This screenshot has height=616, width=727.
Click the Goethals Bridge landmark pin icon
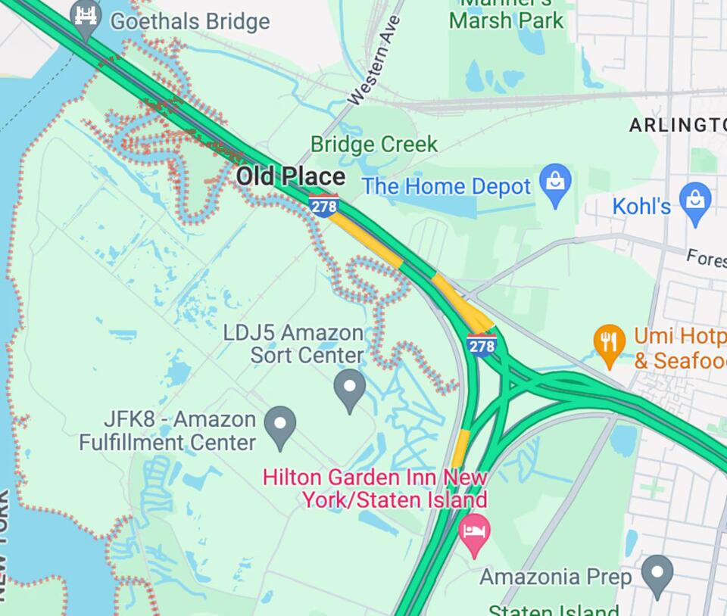(86, 17)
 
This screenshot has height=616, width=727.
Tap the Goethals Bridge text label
(189, 21)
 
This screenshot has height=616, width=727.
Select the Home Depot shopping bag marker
(555, 183)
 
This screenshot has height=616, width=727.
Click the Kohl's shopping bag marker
(694, 201)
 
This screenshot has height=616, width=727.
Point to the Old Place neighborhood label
(290, 177)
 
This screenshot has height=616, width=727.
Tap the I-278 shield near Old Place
(323, 205)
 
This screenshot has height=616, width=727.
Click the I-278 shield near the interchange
(482, 345)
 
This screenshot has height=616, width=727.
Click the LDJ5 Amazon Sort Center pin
(349, 388)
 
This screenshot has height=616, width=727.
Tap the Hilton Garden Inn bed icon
(475, 532)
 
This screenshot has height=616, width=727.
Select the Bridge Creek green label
(374, 144)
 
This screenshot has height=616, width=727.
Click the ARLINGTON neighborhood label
(677, 125)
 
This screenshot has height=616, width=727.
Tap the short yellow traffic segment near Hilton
(460, 449)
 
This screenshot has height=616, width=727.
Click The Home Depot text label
(446, 186)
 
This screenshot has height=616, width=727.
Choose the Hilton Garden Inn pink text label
(376, 489)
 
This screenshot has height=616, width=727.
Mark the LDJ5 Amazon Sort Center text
(294, 344)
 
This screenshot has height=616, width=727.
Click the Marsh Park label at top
(506, 19)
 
